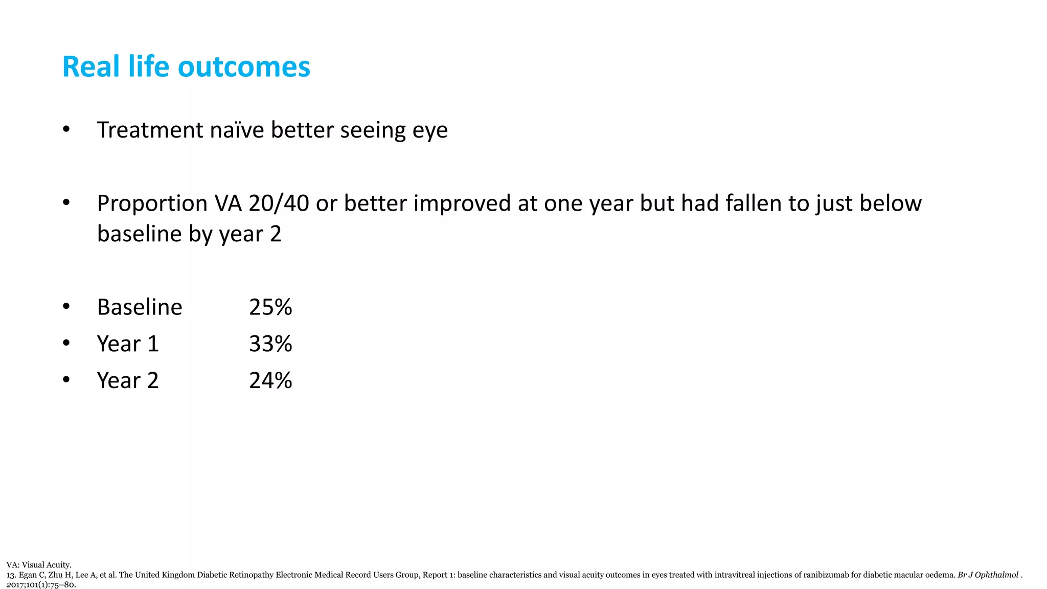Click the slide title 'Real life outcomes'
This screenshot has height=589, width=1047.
tap(186, 66)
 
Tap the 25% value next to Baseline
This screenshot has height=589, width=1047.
tap(270, 307)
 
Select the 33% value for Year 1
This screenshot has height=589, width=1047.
tap(270, 344)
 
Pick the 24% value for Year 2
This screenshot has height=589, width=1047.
tap(270, 381)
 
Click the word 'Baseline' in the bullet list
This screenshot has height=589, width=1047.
tap(140, 307)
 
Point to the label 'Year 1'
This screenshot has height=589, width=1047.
tap(128, 344)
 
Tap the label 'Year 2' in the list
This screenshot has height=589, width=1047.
tap(128, 381)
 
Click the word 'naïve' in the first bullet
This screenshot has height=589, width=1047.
tap(237, 130)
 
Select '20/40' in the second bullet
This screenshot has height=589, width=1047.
tap(279, 203)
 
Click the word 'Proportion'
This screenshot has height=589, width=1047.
tap(152, 203)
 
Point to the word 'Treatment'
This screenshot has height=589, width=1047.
tap(150, 130)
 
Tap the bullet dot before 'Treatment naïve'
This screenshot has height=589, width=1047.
tap(66, 129)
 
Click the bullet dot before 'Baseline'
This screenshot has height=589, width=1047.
tap(66, 307)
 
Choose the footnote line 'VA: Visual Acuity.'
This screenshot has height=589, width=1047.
tap(39, 565)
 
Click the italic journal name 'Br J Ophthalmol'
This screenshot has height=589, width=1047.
tap(988, 575)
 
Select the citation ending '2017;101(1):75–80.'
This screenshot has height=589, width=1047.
tap(41, 584)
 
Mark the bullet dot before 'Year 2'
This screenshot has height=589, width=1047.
tap(66, 380)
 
